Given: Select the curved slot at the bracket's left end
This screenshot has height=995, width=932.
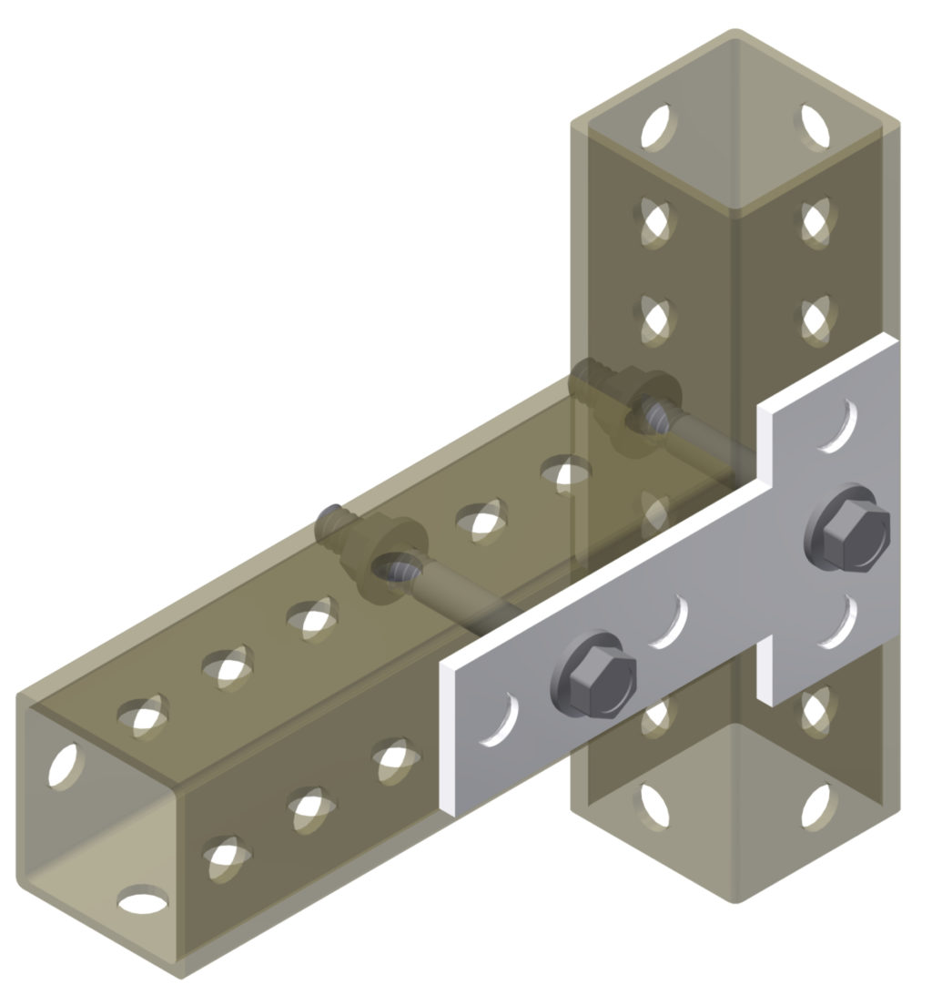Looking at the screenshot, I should click(501, 720).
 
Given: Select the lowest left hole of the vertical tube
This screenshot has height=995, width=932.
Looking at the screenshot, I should click(656, 807).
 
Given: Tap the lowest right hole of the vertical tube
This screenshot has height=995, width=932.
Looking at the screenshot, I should click(816, 805).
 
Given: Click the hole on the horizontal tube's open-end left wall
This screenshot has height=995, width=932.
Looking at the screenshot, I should click(63, 766).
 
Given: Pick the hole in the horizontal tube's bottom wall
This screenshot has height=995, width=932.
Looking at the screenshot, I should click(143, 901).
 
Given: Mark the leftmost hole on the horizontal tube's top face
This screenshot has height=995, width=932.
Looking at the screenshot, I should click(143, 716).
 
